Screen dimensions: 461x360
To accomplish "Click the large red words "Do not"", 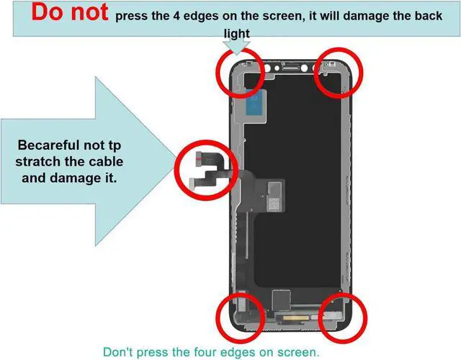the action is click(x=70, y=12).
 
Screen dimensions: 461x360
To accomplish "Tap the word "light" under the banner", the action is click(x=237, y=34).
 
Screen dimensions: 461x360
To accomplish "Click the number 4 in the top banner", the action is click(x=176, y=16).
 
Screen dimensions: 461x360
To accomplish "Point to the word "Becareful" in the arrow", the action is click(x=48, y=145).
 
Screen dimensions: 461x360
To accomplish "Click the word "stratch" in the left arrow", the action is click(x=35, y=161).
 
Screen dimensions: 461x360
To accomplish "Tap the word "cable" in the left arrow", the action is click(x=106, y=161).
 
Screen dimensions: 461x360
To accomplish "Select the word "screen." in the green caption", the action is click(x=299, y=352).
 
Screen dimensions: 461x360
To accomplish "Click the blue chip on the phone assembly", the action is click(x=256, y=105).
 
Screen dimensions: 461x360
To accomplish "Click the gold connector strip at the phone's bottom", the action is click(x=295, y=318).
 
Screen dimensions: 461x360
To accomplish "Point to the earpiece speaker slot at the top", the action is click(x=291, y=68).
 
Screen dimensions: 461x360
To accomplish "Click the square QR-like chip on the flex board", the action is click(x=274, y=204).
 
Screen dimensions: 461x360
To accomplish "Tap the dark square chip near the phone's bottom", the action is click(x=281, y=300).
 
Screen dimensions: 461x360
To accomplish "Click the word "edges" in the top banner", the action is click(x=202, y=17).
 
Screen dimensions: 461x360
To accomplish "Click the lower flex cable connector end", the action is click(x=192, y=183).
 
